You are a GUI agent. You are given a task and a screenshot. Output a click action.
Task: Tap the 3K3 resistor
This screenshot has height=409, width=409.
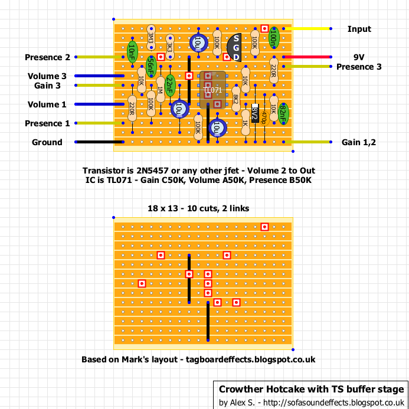tap(169, 47)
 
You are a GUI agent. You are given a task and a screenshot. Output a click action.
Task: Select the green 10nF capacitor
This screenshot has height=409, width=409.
tap(132, 52)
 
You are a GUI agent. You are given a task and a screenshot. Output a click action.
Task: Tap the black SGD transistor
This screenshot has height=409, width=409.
tap(235, 47)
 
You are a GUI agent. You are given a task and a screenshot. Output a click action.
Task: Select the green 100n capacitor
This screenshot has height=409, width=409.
tap(273, 38)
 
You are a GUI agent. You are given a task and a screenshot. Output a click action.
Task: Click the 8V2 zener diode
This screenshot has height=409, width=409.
tap(254, 113)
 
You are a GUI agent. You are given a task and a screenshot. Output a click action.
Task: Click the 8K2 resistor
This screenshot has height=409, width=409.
tap(235, 99)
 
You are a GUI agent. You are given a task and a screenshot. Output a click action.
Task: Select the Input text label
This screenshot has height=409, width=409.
tap(359, 29)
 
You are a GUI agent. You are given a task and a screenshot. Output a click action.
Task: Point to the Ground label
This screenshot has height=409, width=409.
tap(47, 142)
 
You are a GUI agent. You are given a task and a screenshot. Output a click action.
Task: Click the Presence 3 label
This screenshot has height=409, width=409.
tap(359, 67)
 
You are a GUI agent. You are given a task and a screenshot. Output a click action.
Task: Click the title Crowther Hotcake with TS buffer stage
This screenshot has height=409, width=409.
tap(311, 390)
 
